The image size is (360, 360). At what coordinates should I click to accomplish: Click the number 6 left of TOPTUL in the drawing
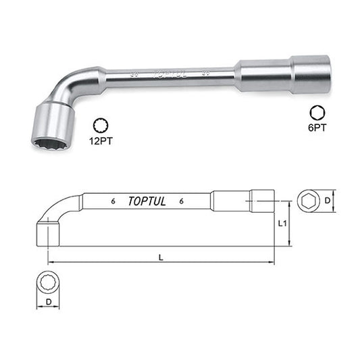(x=109, y=201)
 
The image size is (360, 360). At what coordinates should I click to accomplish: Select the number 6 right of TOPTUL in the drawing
(x=183, y=201)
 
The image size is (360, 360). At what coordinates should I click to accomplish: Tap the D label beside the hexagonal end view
(x=329, y=201)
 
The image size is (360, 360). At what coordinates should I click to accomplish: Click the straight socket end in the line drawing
(x=263, y=201)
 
